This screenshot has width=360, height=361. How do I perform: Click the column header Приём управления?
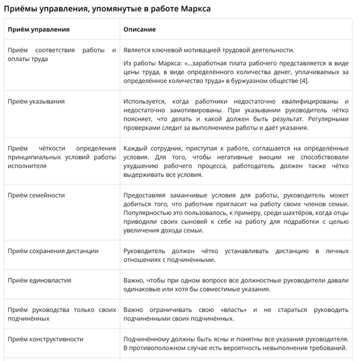[x=39, y=30]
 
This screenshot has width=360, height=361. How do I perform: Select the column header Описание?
[x=139, y=30]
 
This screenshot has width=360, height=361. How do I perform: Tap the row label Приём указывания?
[x=36, y=101]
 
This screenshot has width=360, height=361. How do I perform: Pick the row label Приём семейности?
[x=37, y=195]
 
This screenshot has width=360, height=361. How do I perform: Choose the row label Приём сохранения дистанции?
[x=53, y=251]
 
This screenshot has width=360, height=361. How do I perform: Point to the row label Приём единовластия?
[x=40, y=280]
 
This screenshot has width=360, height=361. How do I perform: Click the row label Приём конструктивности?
[x=45, y=339]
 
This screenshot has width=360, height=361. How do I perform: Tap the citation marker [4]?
[x=304, y=81]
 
